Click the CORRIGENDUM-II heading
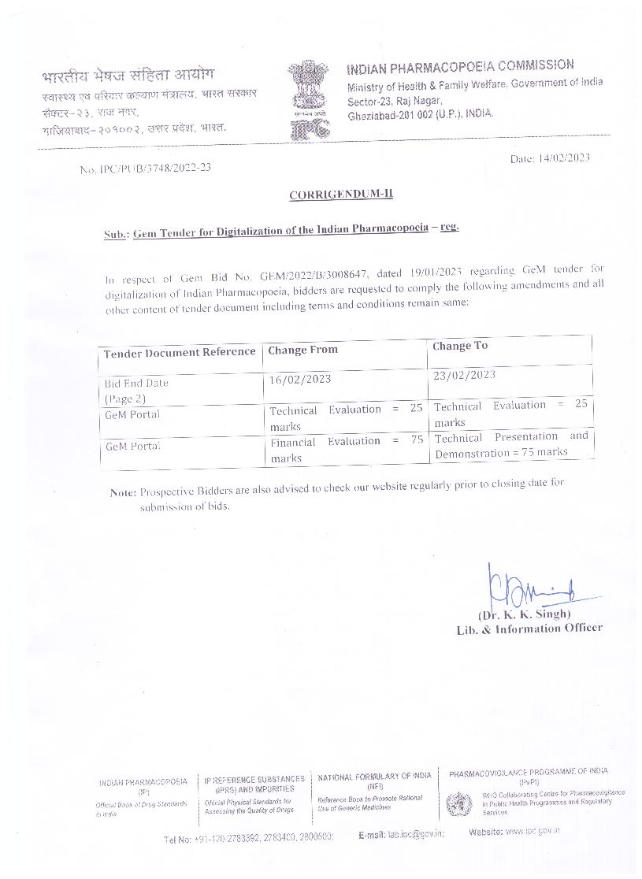[x=340, y=195]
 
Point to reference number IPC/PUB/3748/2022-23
[x=154, y=168]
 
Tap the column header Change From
[x=302, y=350]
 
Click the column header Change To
[x=460, y=346]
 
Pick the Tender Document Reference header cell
[x=180, y=353]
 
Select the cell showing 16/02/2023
[x=300, y=379]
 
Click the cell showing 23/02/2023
[x=465, y=375]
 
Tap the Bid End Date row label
[x=136, y=384]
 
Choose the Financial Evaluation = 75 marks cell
[x=346, y=449]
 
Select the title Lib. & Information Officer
[x=529, y=628]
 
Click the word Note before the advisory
[x=123, y=492]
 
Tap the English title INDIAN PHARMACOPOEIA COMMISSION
[x=461, y=65]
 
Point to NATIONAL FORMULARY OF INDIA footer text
[x=375, y=776]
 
